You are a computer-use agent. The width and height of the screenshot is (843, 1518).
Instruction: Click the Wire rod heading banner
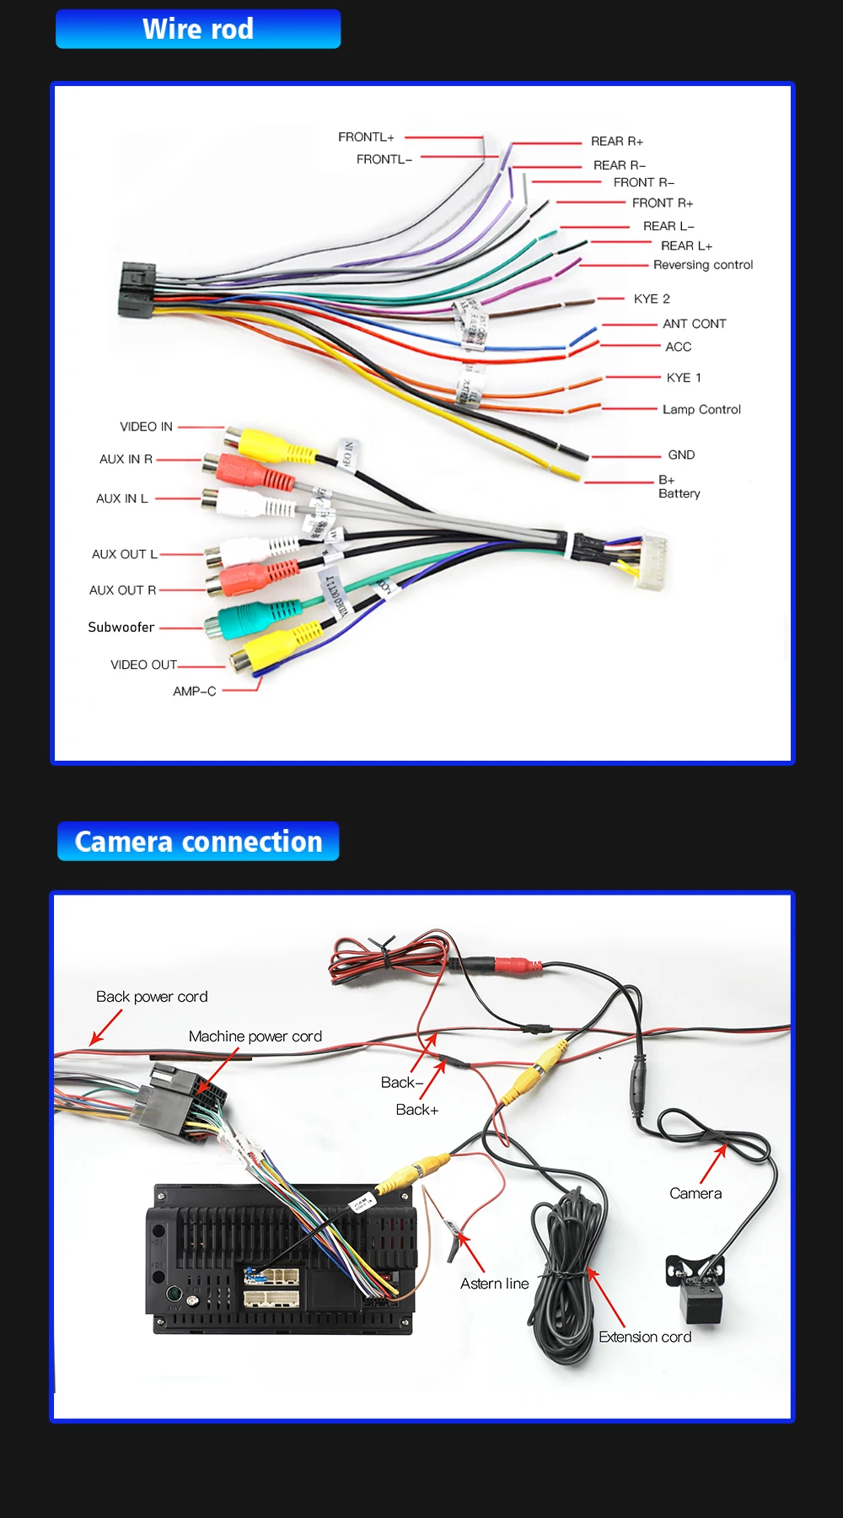pos(198,30)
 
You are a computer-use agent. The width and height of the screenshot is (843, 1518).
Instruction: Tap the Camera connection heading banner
pos(198,842)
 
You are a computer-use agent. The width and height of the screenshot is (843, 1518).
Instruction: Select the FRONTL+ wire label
pos(366,137)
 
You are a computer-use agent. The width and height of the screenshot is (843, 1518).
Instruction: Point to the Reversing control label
pos(703,265)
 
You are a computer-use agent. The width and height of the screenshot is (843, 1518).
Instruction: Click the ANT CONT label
pos(694,324)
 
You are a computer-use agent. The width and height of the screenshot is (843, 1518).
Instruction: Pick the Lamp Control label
pos(701,410)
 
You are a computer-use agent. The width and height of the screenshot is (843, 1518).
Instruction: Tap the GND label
pos(681,455)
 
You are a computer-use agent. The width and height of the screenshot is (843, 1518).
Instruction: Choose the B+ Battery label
pos(679,487)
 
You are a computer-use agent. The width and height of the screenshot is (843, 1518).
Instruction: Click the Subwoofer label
pos(121,627)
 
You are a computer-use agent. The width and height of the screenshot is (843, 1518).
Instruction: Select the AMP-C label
pos(195,692)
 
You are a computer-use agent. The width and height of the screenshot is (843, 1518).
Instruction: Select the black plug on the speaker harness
pos(137,289)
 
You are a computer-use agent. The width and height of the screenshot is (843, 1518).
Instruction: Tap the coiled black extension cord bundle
pos(565,1273)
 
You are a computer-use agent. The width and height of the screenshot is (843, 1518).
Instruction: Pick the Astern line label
pos(495,1284)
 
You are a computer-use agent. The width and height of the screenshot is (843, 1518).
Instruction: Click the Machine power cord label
pos(255,1036)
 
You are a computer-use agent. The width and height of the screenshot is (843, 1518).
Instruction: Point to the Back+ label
pos(417,1110)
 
